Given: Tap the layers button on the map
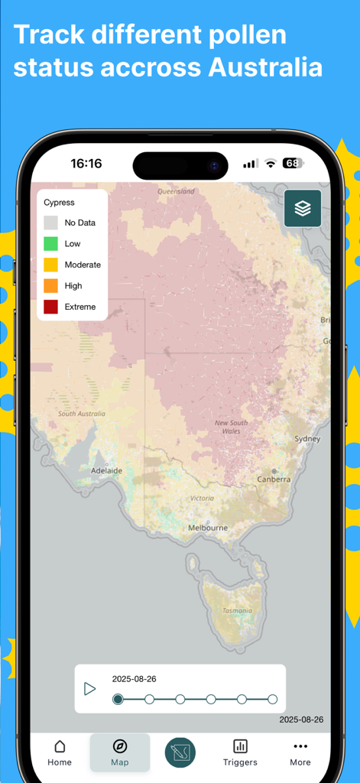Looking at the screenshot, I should [x=303, y=208].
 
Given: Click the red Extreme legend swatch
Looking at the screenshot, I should [x=50, y=307].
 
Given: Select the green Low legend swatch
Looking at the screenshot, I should [x=50, y=244].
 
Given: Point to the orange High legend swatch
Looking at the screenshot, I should [x=50, y=286].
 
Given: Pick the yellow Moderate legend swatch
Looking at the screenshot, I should [x=50, y=265].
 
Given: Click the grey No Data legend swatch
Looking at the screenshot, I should [x=50, y=223].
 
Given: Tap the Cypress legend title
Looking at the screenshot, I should [x=59, y=203].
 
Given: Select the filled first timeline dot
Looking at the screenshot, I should [x=118, y=699].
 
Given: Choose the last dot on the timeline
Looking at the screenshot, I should [x=273, y=699].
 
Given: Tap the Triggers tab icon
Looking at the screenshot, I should [x=240, y=746].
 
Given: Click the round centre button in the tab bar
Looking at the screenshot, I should [x=180, y=752].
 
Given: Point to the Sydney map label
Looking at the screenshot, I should [x=307, y=439].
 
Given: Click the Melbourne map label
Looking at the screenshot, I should [x=208, y=528].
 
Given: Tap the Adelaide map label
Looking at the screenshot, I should [x=106, y=471].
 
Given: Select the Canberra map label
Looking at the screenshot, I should [x=274, y=479].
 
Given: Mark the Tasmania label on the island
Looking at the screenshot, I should [x=237, y=610].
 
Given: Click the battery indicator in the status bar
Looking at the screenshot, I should [x=293, y=163].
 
